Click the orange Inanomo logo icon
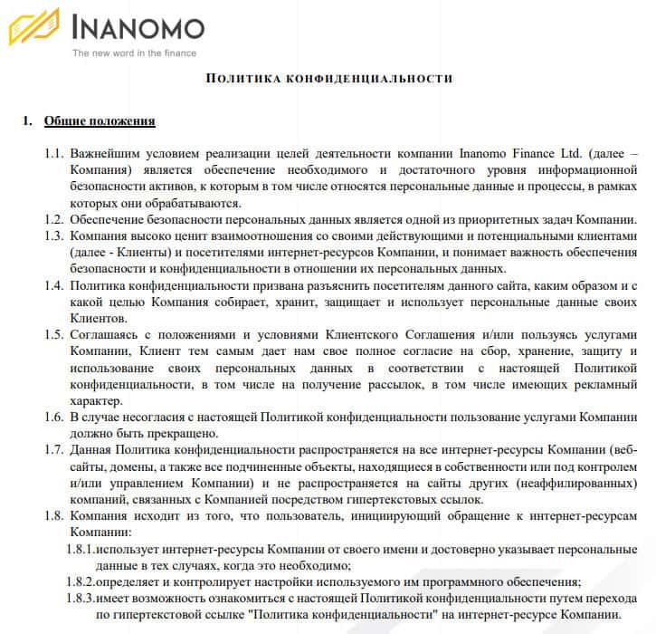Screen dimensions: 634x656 (x=34, y=27)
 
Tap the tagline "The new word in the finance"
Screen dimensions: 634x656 (x=133, y=53)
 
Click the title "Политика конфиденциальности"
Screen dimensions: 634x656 (x=329, y=79)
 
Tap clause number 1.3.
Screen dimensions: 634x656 (x=53, y=235)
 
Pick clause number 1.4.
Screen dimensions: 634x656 (x=53, y=285)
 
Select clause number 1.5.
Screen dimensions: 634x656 (x=53, y=334)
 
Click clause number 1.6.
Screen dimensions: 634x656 (x=53, y=417)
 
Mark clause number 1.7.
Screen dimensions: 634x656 (x=53, y=450)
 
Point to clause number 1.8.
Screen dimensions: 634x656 (x=53, y=515)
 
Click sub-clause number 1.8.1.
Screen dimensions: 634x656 (x=81, y=549)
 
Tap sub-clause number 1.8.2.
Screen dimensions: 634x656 (x=81, y=581)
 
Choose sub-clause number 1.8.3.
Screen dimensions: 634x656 (x=81, y=598)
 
